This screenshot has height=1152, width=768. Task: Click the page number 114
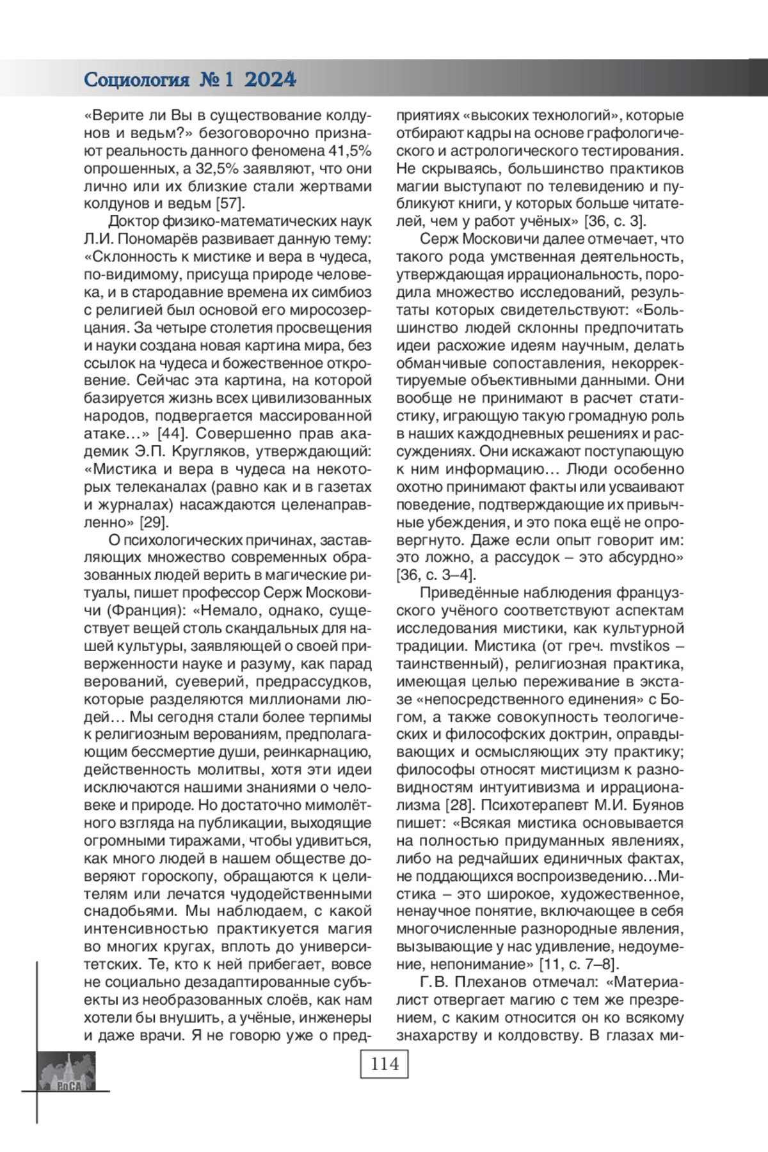384,1064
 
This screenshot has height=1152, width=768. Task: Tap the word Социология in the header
137,80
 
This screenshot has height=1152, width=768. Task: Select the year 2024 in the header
270,80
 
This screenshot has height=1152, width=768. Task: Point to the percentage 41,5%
349,152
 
